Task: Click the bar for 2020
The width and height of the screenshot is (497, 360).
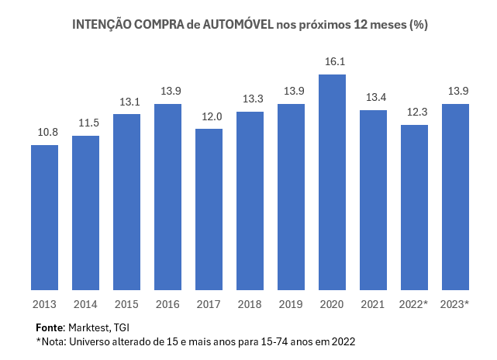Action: [x=332, y=183]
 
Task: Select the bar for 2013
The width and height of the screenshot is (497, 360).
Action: [x=45, y=218]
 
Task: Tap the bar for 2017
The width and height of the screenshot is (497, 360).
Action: [x=209, y=210]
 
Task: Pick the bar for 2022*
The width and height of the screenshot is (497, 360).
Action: [x=415, y=208]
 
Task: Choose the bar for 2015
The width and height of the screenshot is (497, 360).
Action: [x=127, y=202]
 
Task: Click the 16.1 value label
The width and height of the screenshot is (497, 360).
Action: [x=332, y=61]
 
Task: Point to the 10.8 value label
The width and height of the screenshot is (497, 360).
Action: [x=45, y=132]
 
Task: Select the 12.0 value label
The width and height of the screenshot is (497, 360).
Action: [x=209, y=116]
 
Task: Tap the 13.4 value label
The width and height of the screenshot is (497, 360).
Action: [x=374, y=97]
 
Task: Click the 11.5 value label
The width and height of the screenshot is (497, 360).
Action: [x=86, y=123]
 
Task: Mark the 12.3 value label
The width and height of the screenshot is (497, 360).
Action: [x=415, y=112]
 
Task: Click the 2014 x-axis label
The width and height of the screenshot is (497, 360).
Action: [x=86, y=305]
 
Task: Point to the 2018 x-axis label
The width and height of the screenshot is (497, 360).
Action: [x=250, y=305]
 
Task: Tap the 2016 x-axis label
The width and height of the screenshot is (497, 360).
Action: [x=168, y=305]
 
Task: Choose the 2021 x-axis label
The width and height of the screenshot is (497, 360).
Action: [x=374, y=305]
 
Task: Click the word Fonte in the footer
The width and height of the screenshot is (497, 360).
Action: [x=50, y=327]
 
